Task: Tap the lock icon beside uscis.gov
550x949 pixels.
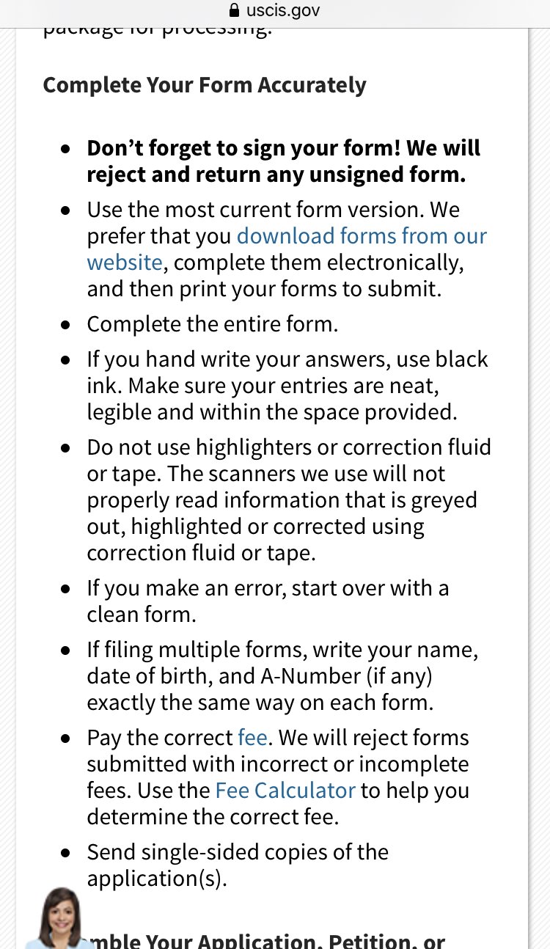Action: (235, 11)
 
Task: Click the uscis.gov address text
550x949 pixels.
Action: (283, 11)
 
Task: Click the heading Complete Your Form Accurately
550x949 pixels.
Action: (205, 85)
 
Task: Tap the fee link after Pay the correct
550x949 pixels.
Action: (252, 738)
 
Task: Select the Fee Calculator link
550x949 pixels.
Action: (285, 791)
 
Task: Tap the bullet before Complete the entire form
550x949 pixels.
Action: (67, 325)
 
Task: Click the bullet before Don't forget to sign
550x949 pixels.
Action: (67, 149)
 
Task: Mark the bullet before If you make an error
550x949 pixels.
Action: (67, 589)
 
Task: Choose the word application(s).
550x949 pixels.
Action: (157, 879)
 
